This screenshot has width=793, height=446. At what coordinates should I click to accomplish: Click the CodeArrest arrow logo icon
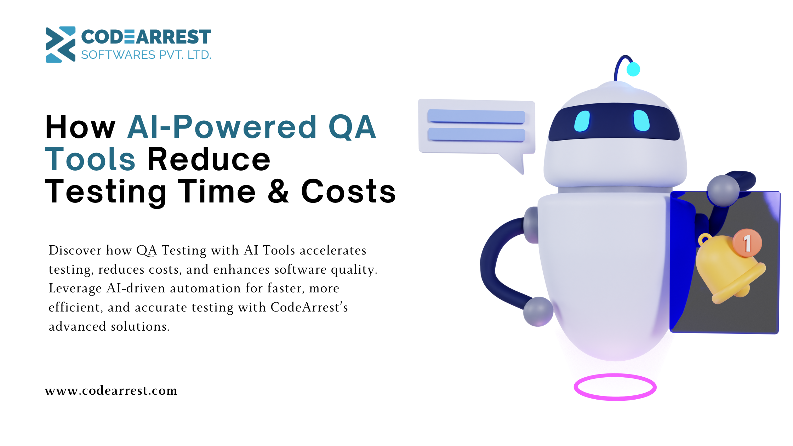(x=61, y=44)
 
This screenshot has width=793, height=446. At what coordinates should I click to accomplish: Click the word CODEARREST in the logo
(x=146, y=37)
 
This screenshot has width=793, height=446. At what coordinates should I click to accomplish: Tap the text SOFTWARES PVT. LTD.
(x=146, y=55)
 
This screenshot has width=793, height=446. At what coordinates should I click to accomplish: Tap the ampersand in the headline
(x=279, y=191)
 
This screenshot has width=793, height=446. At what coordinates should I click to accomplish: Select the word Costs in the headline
(x=348, y=191)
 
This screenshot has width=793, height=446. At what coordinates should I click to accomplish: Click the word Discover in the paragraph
(x=75, y=250)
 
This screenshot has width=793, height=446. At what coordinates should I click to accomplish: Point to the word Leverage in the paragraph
(x=75, y=288)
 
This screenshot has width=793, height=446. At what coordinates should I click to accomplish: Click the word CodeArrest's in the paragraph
(x=309, y=307)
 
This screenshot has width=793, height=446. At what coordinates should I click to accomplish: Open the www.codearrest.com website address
(x=111, y=390)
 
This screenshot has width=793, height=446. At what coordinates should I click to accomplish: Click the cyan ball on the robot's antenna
(x=633, y=69)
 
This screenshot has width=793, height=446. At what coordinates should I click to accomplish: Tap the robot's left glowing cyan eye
(x=582, y=121)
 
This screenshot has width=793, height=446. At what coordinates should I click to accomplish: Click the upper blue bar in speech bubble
(x=476, y=116)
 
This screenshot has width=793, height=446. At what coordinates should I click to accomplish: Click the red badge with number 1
(x=747, y=243)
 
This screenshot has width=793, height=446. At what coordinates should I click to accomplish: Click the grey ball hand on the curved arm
(x=538, y=311)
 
